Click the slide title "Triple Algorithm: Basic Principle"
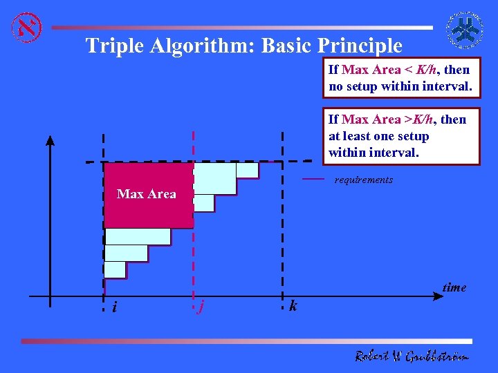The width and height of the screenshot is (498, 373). pos(243,46)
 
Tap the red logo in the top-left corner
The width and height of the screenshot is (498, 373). pos(27,28)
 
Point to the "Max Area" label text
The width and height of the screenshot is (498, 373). pos(147,194)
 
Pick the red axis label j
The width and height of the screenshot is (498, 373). pos(200,307)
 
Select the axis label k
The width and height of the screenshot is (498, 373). pos(293,305)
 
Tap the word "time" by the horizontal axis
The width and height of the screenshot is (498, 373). pos(454,287)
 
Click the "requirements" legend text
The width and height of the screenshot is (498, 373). pos(363,180)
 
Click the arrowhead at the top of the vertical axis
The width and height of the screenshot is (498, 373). pos(50,140)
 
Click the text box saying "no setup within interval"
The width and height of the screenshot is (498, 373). pos(400,78)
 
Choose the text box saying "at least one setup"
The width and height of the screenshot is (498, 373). pos(400,136)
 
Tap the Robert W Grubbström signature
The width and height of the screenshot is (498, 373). pos(412,356)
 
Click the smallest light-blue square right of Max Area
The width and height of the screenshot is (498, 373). pos(203,202)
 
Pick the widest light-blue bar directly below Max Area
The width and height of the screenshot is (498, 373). pos(138,236)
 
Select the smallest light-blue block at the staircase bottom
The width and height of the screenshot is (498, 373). pos(115,269)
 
